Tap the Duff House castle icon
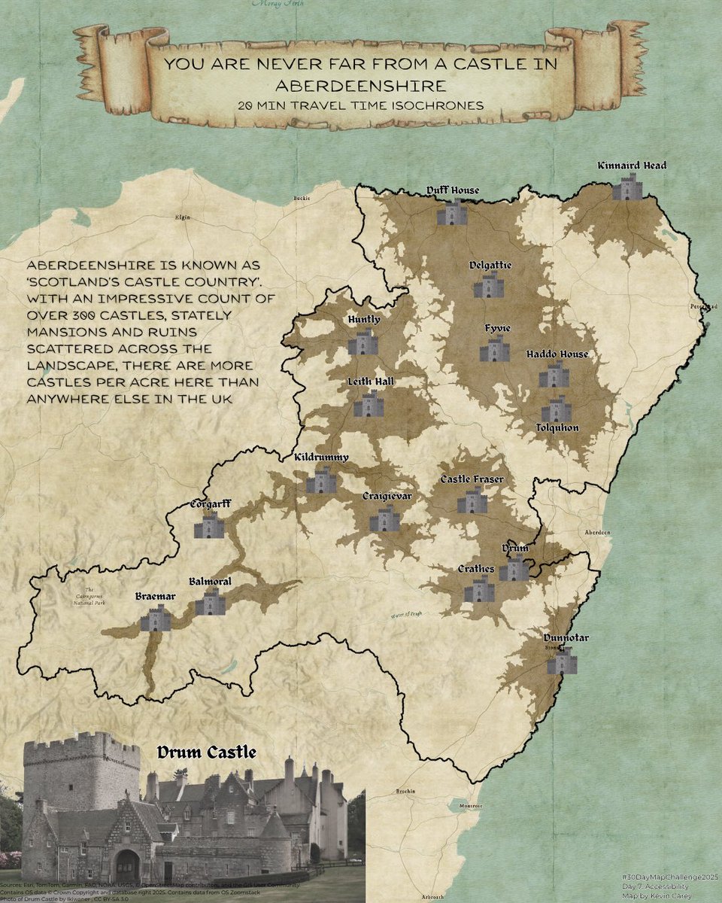(x=452, y=212)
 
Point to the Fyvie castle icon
(x=494, y=349)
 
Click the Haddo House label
(x=557, y=354)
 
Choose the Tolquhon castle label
(x=557, y=427)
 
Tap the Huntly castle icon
(x=363, y=342)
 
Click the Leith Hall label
(x=370, y=382)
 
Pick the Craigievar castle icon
(x=384, y=518)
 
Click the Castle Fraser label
(x=472, y=479)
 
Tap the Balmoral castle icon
(x=210, y=603)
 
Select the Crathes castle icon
(x=479, y=590)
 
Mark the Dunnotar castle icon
(x=561, y=661)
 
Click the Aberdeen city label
(x=599, y=532)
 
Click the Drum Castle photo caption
(x=206, y=752)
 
